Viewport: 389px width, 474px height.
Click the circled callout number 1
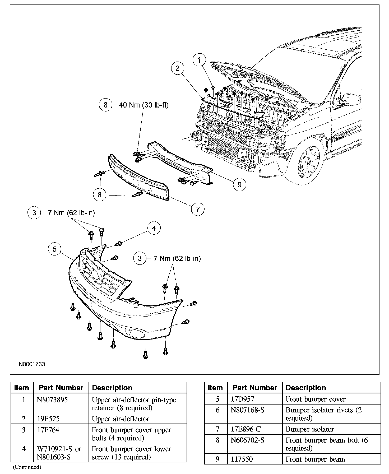[x=200, y=60]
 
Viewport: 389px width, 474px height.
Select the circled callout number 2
[x=177, y=68]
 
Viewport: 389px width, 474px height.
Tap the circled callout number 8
[x=105, y=105]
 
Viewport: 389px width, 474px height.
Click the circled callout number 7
[x=198, y=209]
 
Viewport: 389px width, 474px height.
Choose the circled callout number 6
[x=99, y=195]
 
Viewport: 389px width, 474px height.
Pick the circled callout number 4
[x=154, y=228]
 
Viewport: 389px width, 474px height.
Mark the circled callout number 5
[x=54, y=249]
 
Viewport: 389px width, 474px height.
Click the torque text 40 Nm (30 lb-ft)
[x=143, y=105]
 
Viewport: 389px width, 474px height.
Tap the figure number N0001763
[x=32, y=364]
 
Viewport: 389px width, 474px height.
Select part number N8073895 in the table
[x=52, y=400]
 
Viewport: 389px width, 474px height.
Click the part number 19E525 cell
[x=48, y=419]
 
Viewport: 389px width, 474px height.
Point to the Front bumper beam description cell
[x=315, y=459]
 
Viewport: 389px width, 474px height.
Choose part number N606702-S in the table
[x=248, y=440]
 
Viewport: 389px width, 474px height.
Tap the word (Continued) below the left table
[x=27, y=467]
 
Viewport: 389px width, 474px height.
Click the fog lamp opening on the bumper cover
[x=135, y=334]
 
